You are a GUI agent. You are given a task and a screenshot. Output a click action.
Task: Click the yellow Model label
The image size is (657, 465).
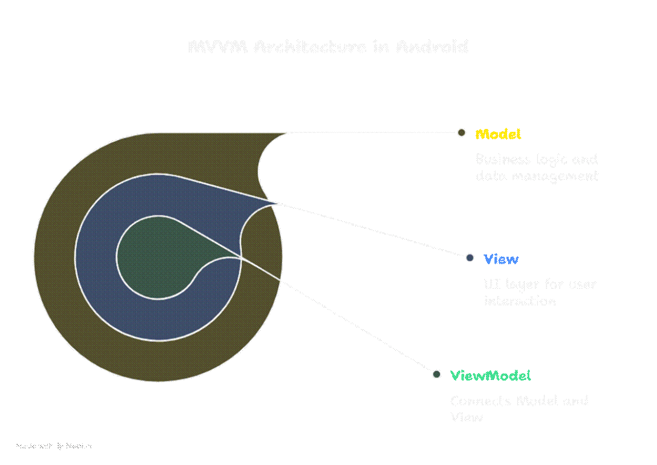coord(498,134)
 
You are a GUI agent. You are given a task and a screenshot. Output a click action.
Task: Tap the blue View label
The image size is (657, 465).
coord(501,259)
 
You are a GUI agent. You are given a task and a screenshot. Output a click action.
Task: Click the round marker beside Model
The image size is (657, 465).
coord(461,133)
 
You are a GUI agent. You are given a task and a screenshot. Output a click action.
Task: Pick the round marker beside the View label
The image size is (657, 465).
coord(470,258)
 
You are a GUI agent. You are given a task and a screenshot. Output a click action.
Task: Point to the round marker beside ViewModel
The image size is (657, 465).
coord(436,374)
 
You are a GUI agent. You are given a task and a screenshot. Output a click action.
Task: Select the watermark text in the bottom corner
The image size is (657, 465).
coord(54,446)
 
